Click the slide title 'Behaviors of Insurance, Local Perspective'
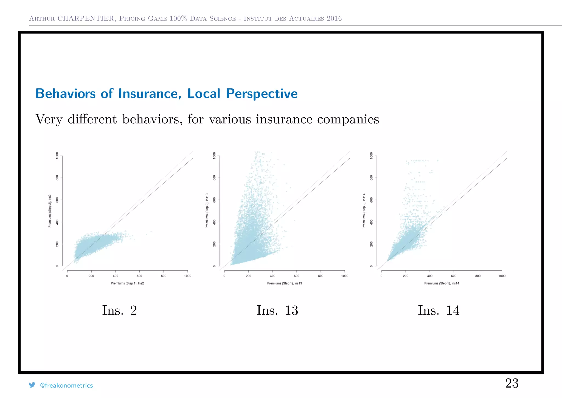tap(166, 93)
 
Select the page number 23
tap(512, 383)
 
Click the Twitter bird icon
tap(32, 385)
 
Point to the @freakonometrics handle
tap(66, 385)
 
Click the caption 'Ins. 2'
tap(119, 310)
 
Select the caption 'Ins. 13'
tap(277, 310)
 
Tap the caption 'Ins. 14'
tap(438, 310)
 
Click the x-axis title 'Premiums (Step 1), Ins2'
tap(127, 283)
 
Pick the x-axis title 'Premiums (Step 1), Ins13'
tap(285, 283)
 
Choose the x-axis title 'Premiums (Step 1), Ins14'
tap(442, 283)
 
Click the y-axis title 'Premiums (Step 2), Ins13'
tap(207, 211)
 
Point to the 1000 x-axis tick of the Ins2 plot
tap(188, 276)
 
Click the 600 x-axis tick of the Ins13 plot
tap(297, 276)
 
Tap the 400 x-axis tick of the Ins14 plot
tap(430, 276)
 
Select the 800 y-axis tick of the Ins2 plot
tap(57, 178)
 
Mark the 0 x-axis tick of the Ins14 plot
tap(381, 276)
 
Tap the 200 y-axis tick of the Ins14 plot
tap(371, 244)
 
